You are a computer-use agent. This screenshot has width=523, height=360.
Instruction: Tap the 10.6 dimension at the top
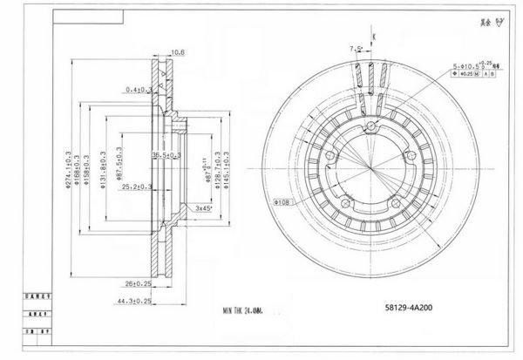(177, 51)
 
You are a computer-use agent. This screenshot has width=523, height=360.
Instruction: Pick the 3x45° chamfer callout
(204, 207)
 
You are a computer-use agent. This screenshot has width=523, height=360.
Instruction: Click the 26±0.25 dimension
(136, 283)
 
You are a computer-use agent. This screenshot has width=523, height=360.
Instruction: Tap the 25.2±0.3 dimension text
(137, 187)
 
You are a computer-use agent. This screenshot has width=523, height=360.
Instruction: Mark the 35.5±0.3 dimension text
(166, 155)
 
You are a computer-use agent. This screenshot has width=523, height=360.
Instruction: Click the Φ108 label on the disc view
(282, 201)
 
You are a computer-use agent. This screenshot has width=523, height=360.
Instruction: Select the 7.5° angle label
(355, 49)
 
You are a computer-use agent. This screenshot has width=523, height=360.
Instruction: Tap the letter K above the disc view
(373, 35)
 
